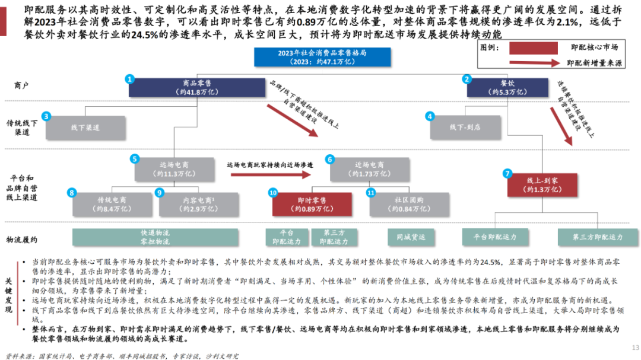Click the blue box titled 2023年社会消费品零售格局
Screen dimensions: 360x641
(x=322, y=57)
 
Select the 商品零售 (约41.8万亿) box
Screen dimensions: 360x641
(x=196, y=88)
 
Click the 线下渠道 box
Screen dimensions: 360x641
(x=85, y=127)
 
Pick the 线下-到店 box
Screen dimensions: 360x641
(x=464, y=127)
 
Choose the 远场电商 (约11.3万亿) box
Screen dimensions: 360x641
(x=174, y=170)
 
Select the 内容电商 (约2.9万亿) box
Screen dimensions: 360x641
(x=196, y=205)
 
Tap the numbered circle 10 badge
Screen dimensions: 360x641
(x=273, y=193)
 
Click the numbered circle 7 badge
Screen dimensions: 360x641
(x=507, y=174)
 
